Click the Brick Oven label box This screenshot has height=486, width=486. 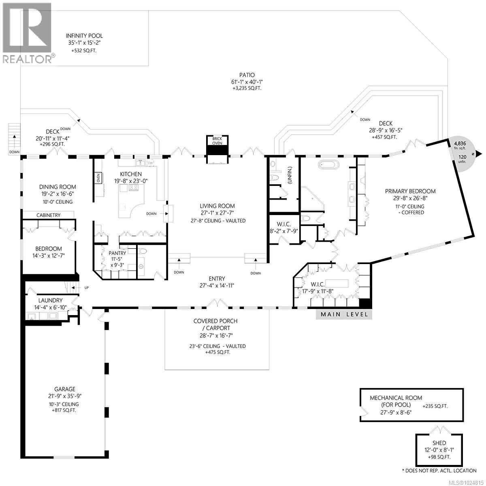tap(217, 141)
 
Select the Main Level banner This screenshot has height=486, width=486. tap(344, 314)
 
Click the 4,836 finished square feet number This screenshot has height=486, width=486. tap(459, 143)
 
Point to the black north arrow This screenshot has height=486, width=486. tap(479, 153)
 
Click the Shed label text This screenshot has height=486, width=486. tap(439, 443)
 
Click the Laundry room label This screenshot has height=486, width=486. tap(50, 300)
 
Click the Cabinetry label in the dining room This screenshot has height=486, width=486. tap(48, 215)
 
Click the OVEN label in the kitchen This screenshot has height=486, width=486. tap(98, 178)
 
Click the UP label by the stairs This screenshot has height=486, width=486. tap(87, 288)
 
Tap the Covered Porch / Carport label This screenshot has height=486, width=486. tap(215, 324)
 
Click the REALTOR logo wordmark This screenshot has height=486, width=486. tap(28, 59)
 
